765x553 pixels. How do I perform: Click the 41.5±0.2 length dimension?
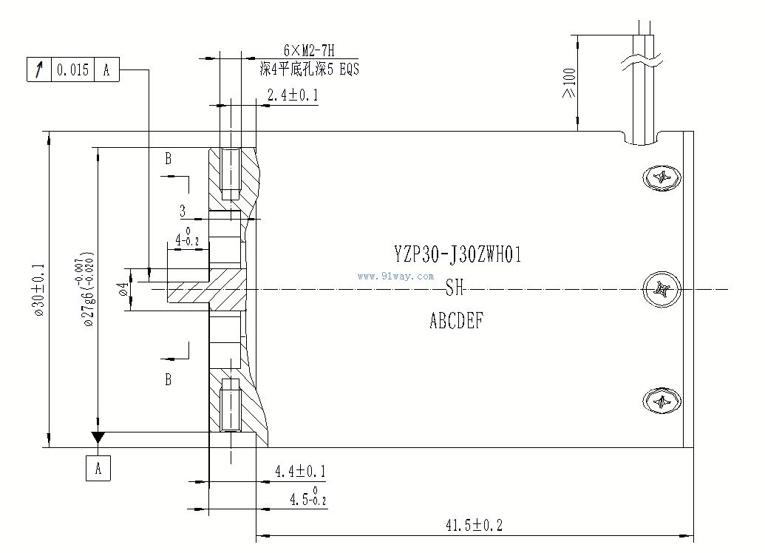pos(474,526)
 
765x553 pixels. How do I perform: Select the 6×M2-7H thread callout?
pos(309,51)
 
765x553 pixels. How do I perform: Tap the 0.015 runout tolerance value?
pos(72,70)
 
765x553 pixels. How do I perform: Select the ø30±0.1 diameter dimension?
pos(39,289)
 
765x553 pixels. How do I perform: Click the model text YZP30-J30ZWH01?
pos(458,256)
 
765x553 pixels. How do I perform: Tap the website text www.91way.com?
pos(395,276)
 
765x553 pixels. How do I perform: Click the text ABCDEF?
pos(457,322)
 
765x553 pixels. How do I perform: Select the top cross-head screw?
pos(662,178)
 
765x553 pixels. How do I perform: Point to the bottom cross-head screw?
pos(662,401)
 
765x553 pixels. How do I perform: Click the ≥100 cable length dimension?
pos(568,83)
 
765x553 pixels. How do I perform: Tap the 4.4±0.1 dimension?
pos(300,471)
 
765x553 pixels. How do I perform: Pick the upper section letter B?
pos(169,158)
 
